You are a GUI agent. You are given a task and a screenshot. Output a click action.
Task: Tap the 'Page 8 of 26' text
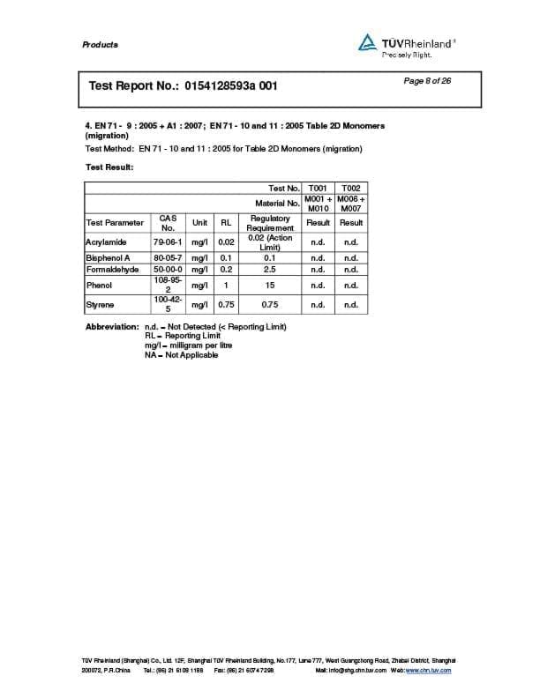[x=427, y=81]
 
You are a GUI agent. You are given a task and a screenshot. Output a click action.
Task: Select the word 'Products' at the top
[x=100, y=44]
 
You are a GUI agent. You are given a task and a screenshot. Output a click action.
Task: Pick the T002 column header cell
[x=351, y=188]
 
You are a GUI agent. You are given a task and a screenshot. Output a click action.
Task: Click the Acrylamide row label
[x=106, y=241]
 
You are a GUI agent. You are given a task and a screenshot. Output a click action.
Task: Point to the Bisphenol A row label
[x=108, y=258]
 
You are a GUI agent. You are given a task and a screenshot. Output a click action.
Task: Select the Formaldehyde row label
[x=112, y=270]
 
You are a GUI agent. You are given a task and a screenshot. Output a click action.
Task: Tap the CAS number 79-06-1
[x=168, y=241]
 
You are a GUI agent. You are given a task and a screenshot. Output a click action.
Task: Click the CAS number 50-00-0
[x=168, y=270]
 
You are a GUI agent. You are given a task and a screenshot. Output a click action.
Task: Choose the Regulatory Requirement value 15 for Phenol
[x=270, y=286]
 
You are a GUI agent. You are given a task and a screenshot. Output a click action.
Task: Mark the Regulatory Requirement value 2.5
[x=270, y=270]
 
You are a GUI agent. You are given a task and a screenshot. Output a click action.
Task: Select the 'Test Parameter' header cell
[x=115, y=223]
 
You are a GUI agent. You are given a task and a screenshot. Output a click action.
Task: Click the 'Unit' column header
[x=199, y=223]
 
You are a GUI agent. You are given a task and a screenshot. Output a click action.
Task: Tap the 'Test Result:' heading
[x=109, y=167]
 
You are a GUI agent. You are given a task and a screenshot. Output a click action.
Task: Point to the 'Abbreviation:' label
[x=112, y=327]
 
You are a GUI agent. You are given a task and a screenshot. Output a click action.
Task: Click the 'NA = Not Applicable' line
[x=181, y=354]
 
